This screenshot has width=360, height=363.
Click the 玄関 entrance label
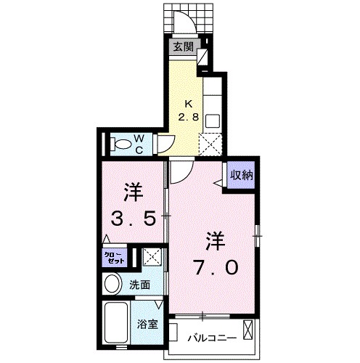pyautogui.click(x=183, y=47)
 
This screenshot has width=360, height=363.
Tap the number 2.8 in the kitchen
pyautogui.click(x=189, y=116)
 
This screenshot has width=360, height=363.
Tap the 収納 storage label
pyautogui.click(x=242, y=175)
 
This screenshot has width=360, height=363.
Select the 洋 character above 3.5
pyautogui.click(x=132, y=193)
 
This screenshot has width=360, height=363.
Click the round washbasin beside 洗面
pyautogui.click(x=113, y=283)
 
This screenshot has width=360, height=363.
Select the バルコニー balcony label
pyautogui.click(x=210, y=338)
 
